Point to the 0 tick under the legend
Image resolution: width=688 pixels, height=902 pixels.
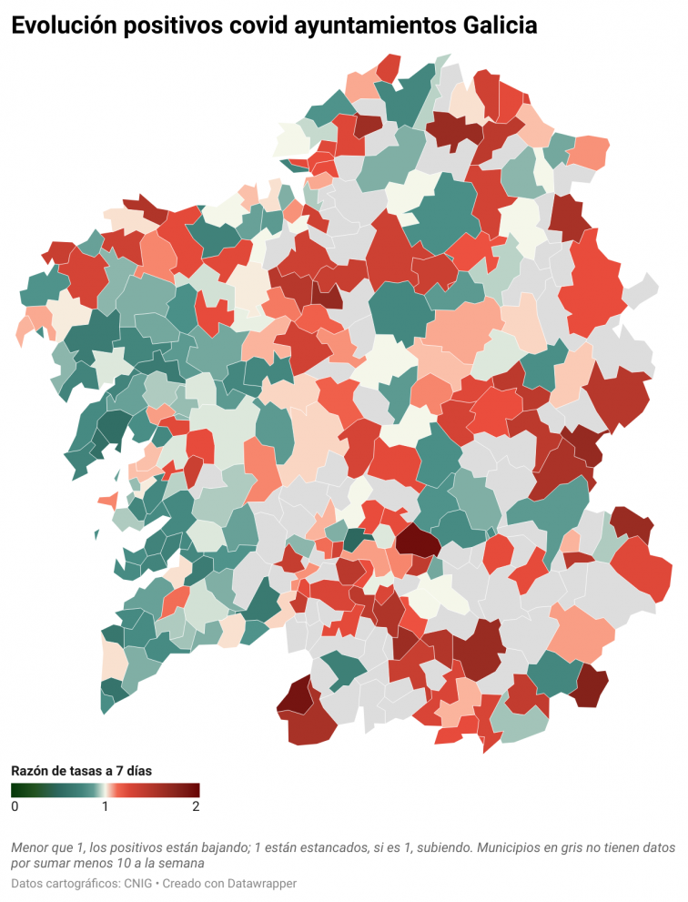coord(15,806)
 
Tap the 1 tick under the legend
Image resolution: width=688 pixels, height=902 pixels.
coord(106,806)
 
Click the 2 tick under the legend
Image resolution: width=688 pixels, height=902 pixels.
coord(196,806)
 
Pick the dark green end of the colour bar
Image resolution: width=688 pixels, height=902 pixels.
coord(15,790)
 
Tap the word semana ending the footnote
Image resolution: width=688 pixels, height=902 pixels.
coord(177,863)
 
